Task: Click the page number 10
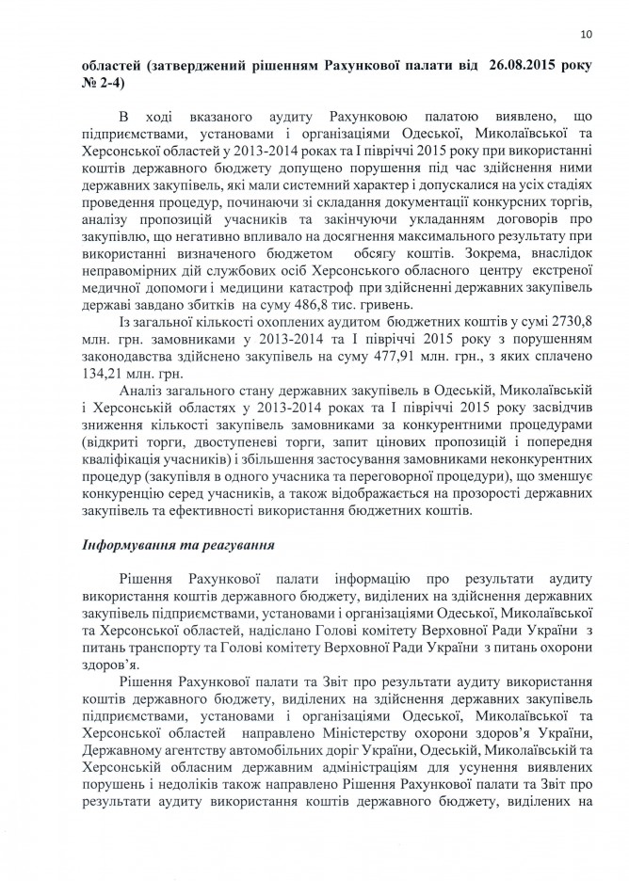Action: click(587, 35)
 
